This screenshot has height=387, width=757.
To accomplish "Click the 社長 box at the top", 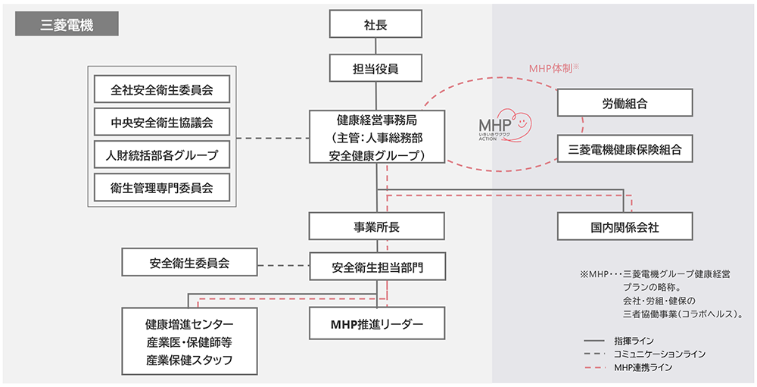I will (x=376, y=25).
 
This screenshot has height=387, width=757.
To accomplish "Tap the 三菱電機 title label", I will (x=67, y=25).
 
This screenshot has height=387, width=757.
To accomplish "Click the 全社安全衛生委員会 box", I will (x=161, y=90).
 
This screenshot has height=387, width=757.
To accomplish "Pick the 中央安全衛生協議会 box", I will (x=161, y=123).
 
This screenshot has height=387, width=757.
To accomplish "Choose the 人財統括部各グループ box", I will (x=161, y=155).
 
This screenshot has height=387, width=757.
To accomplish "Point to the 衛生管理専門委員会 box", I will (x=161, y=188).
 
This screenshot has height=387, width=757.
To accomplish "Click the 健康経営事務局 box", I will (x=376, y=137).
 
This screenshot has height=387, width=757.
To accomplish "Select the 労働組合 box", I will (x=625, y=103).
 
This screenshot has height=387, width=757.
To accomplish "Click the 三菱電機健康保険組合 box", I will (x=625, y=149).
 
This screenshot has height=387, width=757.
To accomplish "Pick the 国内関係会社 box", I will (x=625, y=226).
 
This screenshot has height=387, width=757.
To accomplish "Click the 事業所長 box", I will (x=376, y=226).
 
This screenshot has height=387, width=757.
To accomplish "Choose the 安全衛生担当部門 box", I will (x=376, y=267).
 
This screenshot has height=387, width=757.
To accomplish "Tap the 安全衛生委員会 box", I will (x=188, y=264).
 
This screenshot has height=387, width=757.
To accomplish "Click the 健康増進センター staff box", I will (x=188, y=342).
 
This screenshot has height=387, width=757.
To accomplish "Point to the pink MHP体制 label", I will (x=553, y=68).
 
